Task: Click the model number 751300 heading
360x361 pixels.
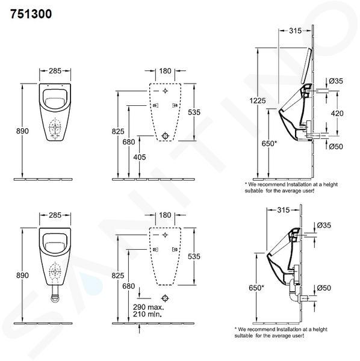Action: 31,14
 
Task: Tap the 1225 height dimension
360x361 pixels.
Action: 258,100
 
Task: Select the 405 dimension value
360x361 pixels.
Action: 140,157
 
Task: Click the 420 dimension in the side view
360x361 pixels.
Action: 337,113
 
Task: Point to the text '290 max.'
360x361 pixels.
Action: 148,307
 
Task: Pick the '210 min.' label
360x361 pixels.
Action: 147,314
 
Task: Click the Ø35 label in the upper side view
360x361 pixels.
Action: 336,81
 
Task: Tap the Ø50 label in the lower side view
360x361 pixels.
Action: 324,288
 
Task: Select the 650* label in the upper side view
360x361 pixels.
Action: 269,143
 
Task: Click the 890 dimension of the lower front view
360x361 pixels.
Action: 22,276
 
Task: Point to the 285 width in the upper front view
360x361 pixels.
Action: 55,70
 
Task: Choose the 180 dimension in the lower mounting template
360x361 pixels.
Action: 165,215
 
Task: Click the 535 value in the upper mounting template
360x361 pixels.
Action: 194,112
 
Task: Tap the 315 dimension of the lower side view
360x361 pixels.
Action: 284,210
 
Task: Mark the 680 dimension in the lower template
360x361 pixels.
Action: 128,286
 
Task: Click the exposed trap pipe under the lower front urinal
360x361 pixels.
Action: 55,294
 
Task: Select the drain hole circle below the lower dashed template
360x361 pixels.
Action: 165,298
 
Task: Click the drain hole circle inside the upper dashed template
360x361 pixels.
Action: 165,135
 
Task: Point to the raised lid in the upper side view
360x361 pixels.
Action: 306,66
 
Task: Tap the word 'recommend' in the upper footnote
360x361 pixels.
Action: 268,185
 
